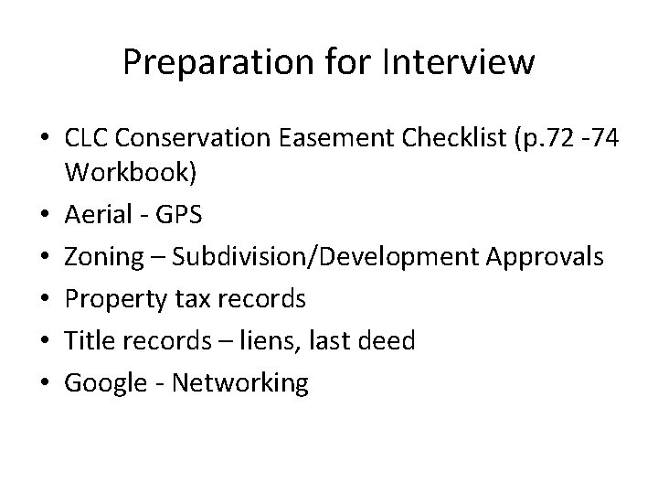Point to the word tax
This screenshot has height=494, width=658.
(187, 299)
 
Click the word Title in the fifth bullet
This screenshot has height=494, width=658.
(86, 341)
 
